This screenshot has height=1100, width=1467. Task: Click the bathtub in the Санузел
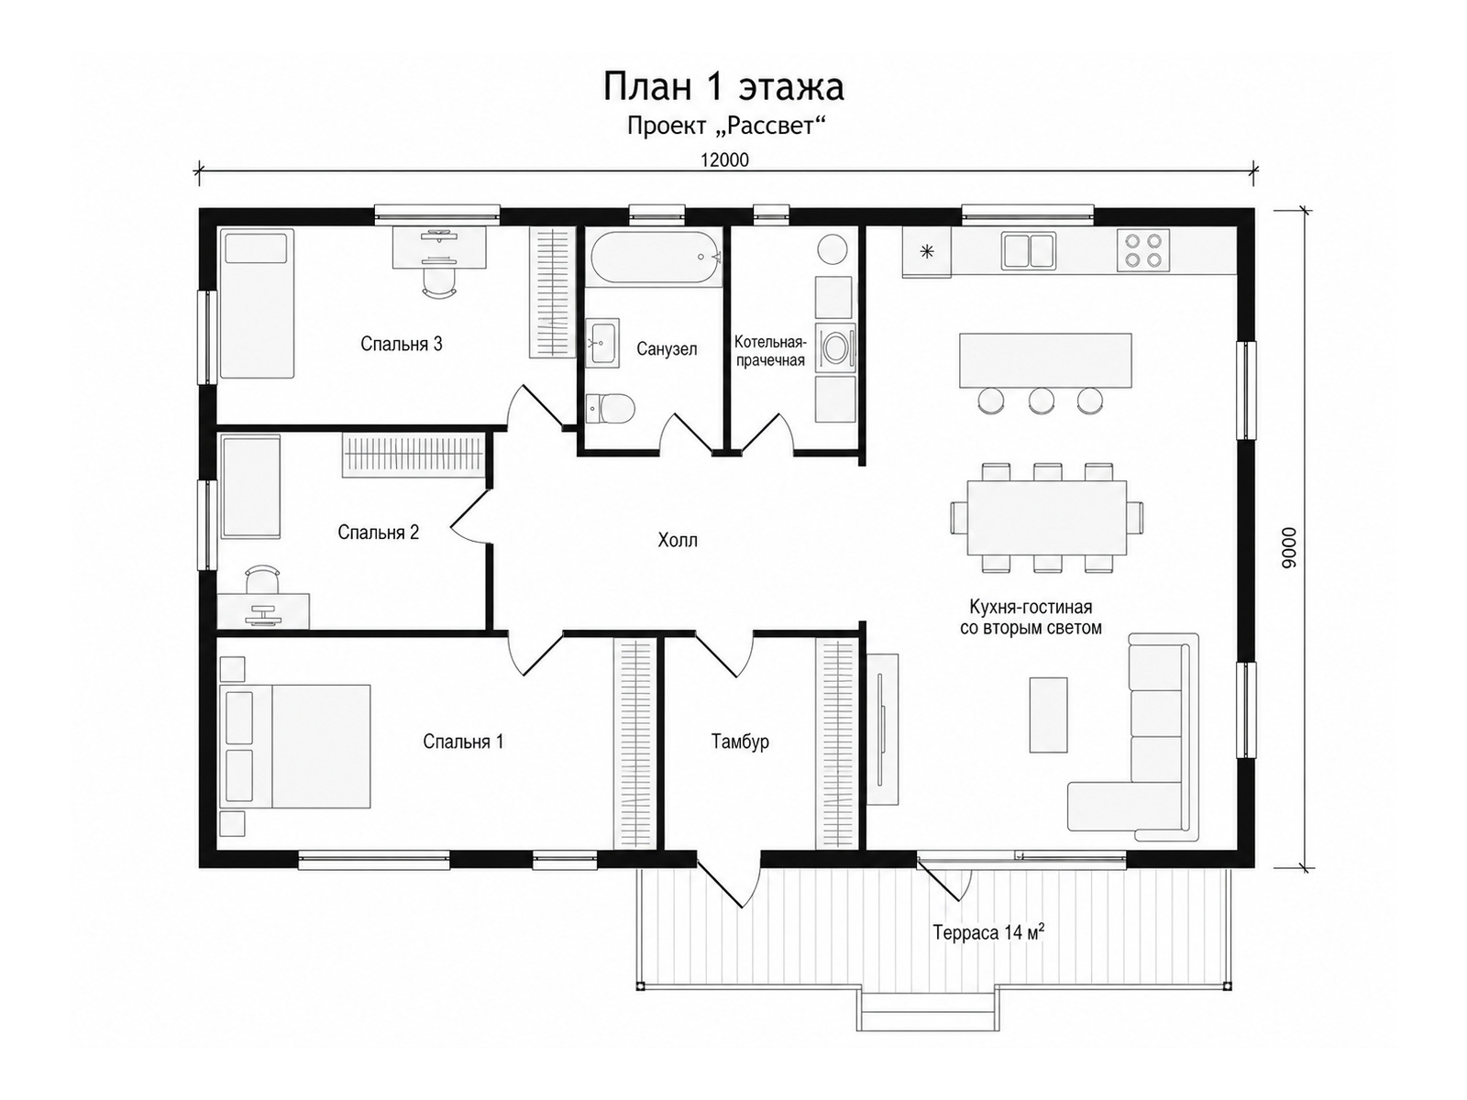[x=654, y=258]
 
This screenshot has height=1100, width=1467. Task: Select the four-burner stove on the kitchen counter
[x=1142, y=250]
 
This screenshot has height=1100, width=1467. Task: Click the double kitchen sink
[x=1028, y=250]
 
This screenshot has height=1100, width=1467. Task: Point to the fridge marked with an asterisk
[x=926, y=252]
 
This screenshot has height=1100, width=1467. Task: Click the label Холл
[x=677, y=540]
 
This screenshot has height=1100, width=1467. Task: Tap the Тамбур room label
[x=740, y=742]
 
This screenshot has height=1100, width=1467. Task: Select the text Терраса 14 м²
[x=988, y=931]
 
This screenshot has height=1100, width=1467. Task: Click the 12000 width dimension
[x=724, y=160]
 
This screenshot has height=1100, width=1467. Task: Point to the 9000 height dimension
[x=1288, y=547]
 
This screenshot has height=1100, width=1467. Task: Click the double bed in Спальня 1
[x=295, y=746]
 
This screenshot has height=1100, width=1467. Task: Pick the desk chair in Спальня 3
[x=439, y=280]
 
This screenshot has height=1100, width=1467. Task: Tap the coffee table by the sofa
[x=1048, y=715]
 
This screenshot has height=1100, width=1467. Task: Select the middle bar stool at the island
[x=1041, y=400]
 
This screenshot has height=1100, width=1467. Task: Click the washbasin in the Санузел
[x=602, y=343]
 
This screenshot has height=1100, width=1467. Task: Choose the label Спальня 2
[x=379, y=533]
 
